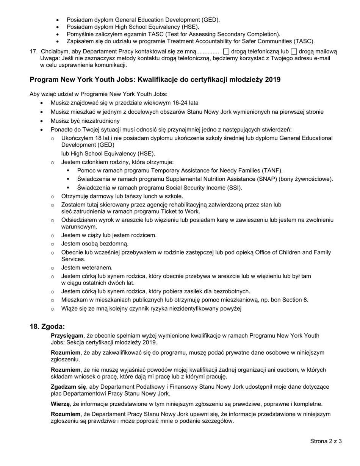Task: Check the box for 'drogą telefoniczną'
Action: pyautogui.click(x=226, y=52)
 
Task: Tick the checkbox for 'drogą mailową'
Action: pyautogui.click(x=294, y=52)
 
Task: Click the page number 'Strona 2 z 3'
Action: pyautogui.click(x=326, y=441)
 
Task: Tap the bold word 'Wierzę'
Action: pyautogui.click(x=60, y=404)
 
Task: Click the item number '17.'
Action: pyautogui.click(x=34, y=52)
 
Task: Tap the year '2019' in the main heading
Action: pyautogui.click(x=273, y=80)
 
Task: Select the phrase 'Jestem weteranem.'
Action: pyautogui.click(x=87, y=268)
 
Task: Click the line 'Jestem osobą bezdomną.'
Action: pyautogui.click(x=95, y=244)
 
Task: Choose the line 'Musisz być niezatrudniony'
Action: pyautogui.click(x=85, y=121)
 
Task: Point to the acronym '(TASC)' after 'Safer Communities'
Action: pyautogui.click(x=304, y=41)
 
